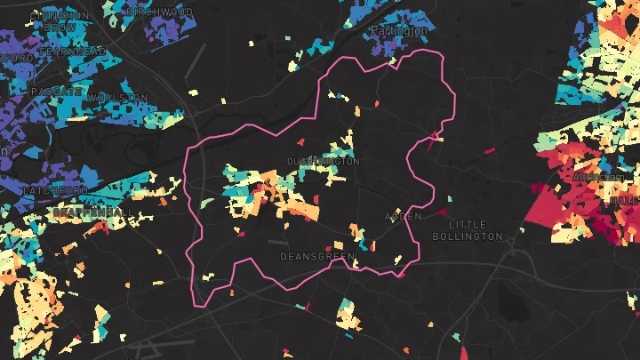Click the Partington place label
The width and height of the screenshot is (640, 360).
coord(398,30)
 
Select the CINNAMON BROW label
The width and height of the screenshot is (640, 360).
coord(58,21)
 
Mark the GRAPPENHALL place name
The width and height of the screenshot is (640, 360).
coord(89,212)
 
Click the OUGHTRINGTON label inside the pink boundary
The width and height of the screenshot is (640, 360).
coord(324,161)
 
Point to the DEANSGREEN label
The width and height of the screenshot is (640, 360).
coord(316,256)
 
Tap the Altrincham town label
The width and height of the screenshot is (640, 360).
coord(599,177)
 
